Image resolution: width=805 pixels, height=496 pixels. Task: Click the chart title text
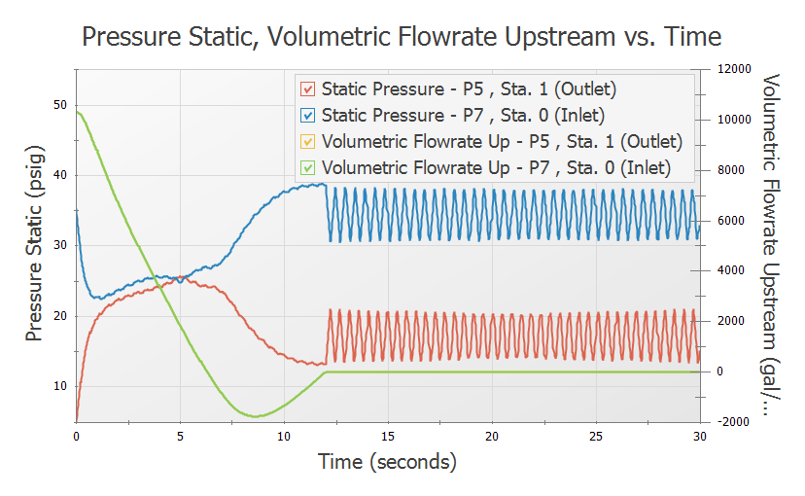point(402,37)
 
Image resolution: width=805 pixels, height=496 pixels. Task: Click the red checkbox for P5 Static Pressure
point(308,89)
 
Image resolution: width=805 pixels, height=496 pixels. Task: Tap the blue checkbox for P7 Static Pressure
point(308,116)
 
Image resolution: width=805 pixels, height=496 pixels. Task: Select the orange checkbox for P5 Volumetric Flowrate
point(308,141)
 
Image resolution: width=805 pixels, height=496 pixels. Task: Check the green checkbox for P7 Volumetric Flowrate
point(308,167)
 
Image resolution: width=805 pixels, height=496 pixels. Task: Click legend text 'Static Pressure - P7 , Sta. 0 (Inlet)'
point(468,116)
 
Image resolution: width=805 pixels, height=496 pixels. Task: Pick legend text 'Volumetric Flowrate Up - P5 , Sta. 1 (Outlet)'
point(502,141)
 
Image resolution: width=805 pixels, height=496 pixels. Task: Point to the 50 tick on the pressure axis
point(60,105)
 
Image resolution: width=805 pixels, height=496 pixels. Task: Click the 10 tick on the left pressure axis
point(60,386)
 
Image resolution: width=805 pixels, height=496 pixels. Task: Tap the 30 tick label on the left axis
point(60,246)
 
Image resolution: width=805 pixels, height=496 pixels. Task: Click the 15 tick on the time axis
point(388,438)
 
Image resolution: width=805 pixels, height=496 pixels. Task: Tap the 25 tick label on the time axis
point(596,438)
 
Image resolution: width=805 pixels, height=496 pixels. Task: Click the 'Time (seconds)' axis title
point(387,463)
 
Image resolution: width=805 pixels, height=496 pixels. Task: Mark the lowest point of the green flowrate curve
point(256,416)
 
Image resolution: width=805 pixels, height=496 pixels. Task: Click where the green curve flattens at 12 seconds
point(326,372)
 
